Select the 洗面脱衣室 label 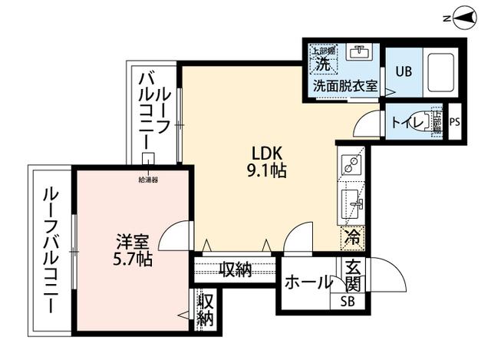pyautogui.click(x=345, y=86)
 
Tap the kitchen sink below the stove pyautogui.click(x=353, y=203)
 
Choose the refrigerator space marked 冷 pyautogui.click(x=353, y=237)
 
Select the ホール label pyautogui.click(x=308, y=282)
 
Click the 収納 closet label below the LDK pyautogui.click(x=235, y=269)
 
